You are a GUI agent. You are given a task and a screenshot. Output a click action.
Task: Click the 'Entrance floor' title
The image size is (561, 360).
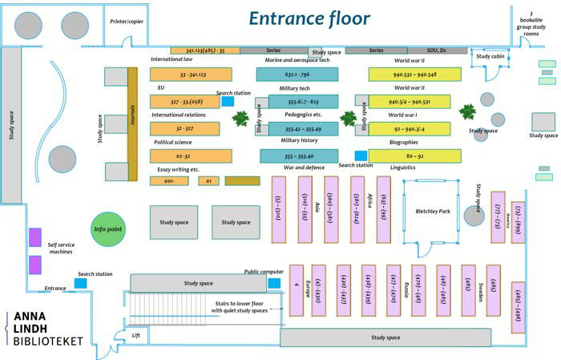(x=309, y=18)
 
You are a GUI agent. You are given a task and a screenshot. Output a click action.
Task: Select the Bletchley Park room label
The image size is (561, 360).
(x=433, y=211)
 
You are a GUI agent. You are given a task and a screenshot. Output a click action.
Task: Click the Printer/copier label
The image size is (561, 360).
(x=126, y=22)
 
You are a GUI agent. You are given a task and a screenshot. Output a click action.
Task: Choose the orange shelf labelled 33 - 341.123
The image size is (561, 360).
(x=191, y=75)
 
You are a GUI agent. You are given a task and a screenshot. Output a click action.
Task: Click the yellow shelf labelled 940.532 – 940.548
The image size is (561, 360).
(x=414, y=75)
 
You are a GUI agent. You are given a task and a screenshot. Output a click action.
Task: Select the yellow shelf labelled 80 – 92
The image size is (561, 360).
(x=414, y=156)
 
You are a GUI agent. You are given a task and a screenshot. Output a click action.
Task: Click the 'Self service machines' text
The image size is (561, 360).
(x=67, y=249)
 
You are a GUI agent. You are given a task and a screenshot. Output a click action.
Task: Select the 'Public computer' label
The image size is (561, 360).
(x=264, y=272)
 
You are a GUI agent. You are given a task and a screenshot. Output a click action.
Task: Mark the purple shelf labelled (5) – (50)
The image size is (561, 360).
(x=280, y=208)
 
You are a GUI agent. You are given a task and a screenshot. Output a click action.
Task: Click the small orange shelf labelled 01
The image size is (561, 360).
(x=208, y=181)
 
